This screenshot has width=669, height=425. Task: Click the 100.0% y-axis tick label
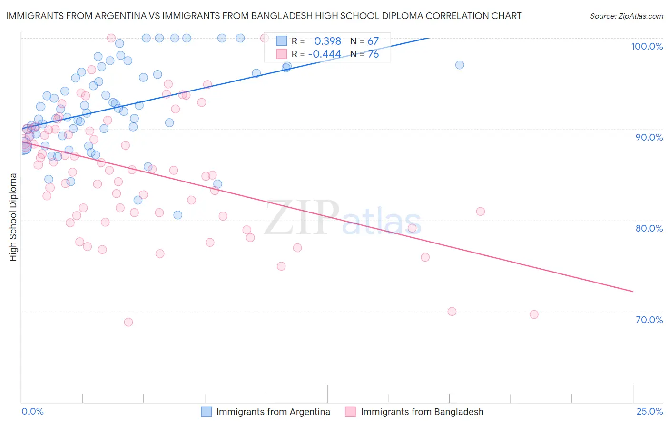(x=647, y=46)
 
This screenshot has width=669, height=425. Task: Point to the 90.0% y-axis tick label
(x=649, y=137)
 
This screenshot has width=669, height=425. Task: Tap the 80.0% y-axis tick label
(x=649, y=228)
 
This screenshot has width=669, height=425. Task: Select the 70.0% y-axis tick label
(x=649, y=320)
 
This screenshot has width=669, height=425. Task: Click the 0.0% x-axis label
(x=32, y=411)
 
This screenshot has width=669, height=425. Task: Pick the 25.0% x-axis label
(x=649, y=411)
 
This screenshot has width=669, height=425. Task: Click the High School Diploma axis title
(x=13, y=217)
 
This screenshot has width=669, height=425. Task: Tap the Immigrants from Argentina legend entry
(x=273, y=412)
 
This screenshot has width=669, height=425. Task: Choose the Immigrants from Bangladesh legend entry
(x=422, y=412)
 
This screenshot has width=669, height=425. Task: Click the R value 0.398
(x=327, y=41)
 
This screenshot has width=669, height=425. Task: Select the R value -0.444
(x=325, y=54)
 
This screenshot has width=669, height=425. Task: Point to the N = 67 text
(x=364, y=41)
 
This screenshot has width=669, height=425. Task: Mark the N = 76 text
(x=364, y=54)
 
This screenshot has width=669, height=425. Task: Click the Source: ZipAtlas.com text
(x=626, y=16)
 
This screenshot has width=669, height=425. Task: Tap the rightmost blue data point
(x=460, y=65)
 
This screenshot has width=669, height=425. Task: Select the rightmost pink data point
(x=534, y=314)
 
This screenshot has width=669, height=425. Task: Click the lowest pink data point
(x=128, y=322)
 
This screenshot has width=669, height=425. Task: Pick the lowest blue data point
(x=177, y=215)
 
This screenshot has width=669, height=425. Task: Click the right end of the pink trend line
(x=633, y=291)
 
